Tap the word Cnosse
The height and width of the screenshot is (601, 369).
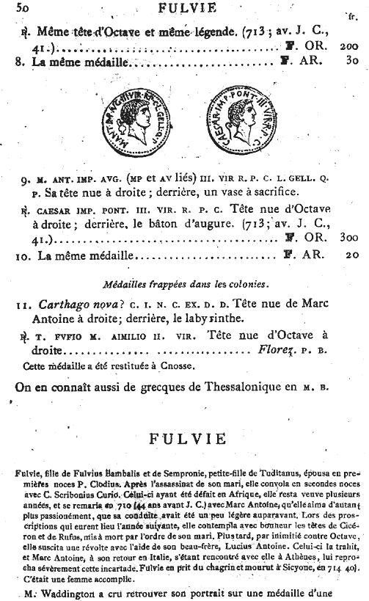click(x=197, y=365)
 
